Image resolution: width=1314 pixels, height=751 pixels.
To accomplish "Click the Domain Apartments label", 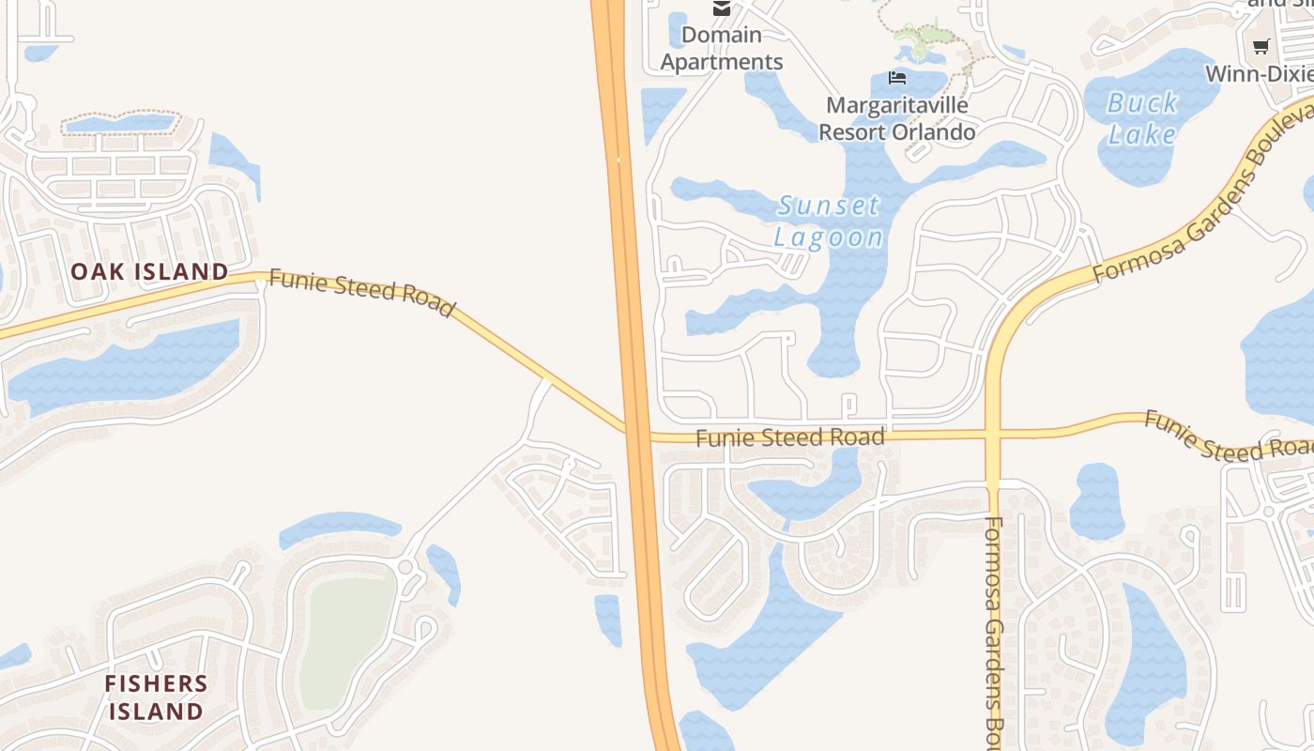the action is pos(722,49).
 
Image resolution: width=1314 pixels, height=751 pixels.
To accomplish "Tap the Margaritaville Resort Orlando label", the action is pos(896,118).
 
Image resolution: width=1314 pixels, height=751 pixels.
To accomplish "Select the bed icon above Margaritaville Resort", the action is pos(897,78).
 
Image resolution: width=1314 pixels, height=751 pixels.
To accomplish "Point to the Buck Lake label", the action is pos(1141,118).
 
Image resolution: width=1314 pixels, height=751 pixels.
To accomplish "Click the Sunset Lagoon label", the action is pos(829,221).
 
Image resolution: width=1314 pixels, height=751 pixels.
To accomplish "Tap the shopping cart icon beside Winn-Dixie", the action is pos(1261,47).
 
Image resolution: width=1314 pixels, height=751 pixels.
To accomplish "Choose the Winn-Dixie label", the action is pos(1258,73).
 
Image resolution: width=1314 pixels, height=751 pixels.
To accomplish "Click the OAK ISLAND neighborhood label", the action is pos(150,272).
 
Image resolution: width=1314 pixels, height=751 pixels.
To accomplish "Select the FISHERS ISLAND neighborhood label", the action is pos(156,697).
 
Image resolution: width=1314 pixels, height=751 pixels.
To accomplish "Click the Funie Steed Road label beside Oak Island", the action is pos(361,293).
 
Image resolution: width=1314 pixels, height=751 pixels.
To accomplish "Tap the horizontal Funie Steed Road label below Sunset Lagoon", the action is pos(790,437).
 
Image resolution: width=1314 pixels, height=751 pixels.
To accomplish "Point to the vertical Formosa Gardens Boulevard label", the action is pos(995,629).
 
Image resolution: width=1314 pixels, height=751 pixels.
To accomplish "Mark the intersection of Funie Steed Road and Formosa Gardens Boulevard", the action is pos(993,435).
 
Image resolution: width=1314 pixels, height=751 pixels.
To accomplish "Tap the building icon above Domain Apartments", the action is pos(721,8).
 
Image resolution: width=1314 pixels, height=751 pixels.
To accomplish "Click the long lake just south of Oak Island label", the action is pos(122,366).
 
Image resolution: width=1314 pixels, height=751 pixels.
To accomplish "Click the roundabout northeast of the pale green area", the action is pos(406,567).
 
